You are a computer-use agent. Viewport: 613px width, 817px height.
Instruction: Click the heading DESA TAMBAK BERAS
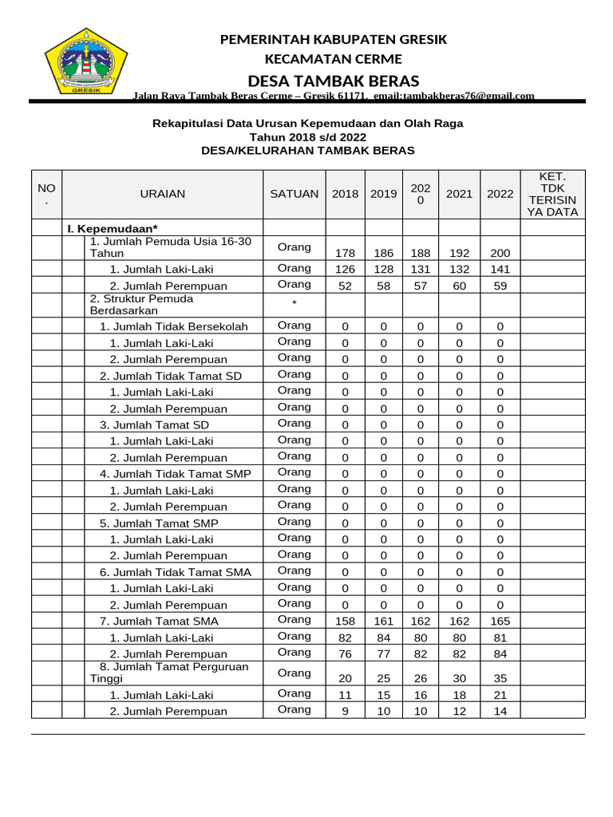click(x=334, y=81)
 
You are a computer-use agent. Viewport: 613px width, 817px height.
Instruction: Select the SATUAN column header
click(x=295, y=194)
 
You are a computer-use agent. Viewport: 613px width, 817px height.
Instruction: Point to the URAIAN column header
click(x=163, y=194)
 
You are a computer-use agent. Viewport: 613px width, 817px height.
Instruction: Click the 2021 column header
click(x=459, y=194)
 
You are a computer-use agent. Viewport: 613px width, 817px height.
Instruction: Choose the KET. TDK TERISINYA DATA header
click(x=552, y=194)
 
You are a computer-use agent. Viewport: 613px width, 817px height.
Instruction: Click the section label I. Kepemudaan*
click(x=113, y=229)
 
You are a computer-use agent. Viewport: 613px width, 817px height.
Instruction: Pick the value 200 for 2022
click(x=500, y=253)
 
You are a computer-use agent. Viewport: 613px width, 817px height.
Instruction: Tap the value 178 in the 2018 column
click(x=346, y=253)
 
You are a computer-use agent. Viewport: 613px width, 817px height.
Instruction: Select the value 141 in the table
click(x=500, y=270)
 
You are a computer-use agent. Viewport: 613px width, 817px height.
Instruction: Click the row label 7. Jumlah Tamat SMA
click(x=160, y=621)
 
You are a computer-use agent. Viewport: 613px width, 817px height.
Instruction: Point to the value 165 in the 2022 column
click(x=500, y=621)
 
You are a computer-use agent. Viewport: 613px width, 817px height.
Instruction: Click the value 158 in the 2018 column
click(x=346, y=621)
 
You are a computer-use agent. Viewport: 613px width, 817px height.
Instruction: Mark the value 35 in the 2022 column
click(x=500, y=678)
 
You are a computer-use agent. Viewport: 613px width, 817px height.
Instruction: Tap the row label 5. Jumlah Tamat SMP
click(x=160, y=523)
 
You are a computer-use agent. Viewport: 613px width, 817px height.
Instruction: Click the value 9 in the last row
click(x=346, y=711)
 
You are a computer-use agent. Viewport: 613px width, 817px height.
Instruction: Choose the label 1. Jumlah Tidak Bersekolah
click(x=174, y=326)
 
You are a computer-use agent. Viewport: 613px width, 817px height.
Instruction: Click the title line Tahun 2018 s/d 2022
click(x=307, y=137)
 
